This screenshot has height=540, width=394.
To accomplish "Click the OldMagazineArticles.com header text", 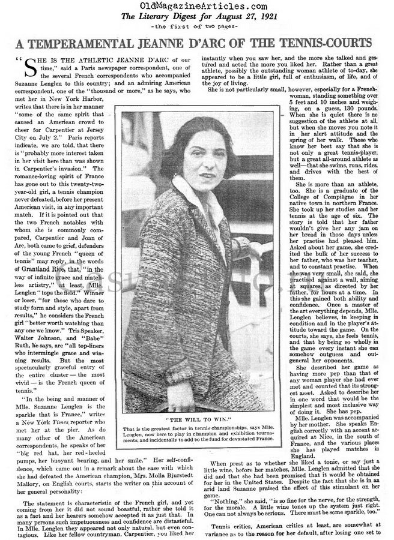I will pos(196,6).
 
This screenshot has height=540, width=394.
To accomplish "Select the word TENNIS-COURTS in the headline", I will pos(321,41).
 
